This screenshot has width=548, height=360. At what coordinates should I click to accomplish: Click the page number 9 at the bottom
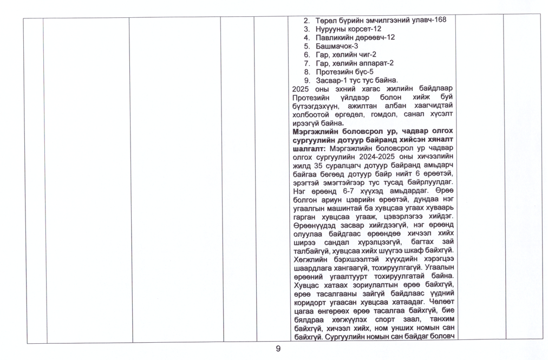click(278, 349)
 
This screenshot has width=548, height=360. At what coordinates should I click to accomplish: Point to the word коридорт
click(310, 302)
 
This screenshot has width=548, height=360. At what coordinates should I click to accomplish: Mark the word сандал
click(329, 242)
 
